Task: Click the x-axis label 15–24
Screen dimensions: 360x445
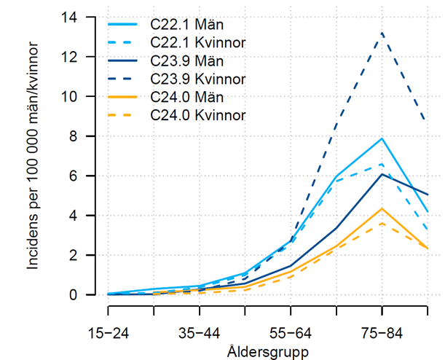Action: [x=109, y=333]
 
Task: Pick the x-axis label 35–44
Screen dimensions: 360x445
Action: [x=200, y=333]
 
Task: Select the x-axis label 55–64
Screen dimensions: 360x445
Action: [x=291, y=333]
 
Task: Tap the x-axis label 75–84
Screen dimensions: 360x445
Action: [x=382, y=333]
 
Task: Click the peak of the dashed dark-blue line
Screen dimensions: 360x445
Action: [x=382, y=33]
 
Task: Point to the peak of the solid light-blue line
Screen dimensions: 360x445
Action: [x=382, y=138]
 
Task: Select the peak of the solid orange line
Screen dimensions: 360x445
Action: [x=382, y=208]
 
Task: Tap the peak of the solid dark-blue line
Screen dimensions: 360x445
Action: [x=382, y=174]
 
